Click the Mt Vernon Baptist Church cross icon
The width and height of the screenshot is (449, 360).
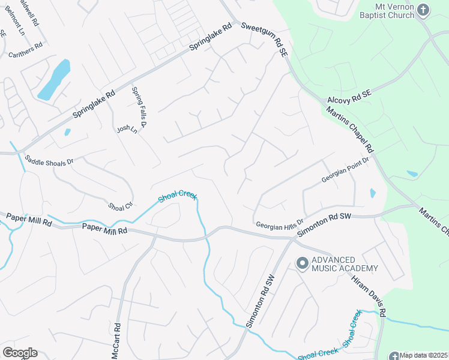(x=423, y=9)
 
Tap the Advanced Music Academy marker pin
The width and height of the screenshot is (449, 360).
(x=302, y=263)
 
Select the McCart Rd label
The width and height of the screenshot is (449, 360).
(x=118, y=341)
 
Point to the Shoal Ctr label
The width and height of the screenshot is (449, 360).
(x=120, y=206)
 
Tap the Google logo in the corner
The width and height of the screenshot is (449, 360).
(x=20, y=353)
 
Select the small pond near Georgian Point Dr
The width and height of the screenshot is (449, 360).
(x=373, y=193)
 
